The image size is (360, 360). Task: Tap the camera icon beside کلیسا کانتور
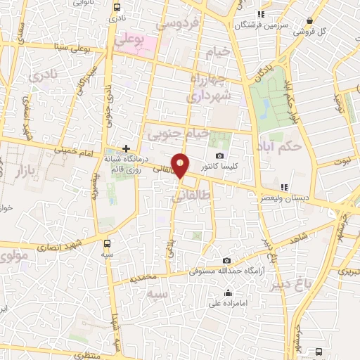tap(220, 155)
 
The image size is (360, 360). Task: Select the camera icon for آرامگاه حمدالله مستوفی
tap(226, 260)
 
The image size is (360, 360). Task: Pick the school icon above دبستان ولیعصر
tap(284, 187)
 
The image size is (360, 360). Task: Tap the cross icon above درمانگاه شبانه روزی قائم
tap(126, 148)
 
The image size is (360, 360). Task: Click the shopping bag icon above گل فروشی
tap(305, 20)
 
